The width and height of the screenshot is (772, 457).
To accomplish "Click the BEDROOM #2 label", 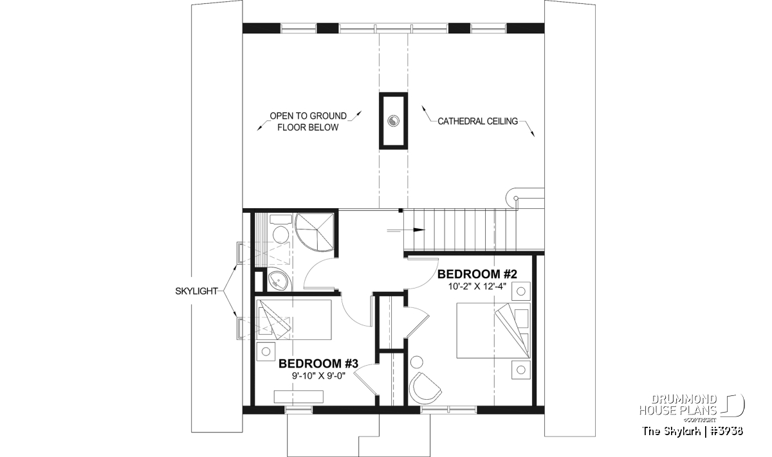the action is point(477,274).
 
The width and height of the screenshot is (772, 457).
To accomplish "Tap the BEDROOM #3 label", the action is point(318,363).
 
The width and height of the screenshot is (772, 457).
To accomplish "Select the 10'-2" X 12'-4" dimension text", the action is point(477,286).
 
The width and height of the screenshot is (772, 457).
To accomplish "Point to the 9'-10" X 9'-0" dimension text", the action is point(318,376).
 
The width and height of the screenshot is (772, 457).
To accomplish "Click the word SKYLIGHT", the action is point(196,291).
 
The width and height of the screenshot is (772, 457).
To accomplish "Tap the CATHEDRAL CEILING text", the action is point(477,121).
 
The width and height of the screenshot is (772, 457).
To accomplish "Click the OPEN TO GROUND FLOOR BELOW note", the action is point(308,121).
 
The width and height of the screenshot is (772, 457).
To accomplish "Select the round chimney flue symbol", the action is point(393,121).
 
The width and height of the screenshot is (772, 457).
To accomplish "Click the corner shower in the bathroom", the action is point(315,232).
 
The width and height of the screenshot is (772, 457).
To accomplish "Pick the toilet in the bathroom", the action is point(280,229).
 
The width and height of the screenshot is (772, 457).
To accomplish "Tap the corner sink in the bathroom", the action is point(279,282).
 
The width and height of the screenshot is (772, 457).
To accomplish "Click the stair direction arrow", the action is point(407,230).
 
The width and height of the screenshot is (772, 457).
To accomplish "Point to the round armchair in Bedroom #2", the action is point(425,388).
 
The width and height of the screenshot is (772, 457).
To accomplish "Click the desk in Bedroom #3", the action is point(299,397).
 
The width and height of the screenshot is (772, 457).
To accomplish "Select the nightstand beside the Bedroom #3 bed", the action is point(266,352).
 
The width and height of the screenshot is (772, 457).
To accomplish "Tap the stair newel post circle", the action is point(515,198).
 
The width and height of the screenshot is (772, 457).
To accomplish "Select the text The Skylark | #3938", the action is point(692,431).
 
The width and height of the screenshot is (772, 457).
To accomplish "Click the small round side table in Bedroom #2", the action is point(417,363).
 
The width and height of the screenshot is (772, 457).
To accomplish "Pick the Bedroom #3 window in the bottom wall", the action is point(299,409).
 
